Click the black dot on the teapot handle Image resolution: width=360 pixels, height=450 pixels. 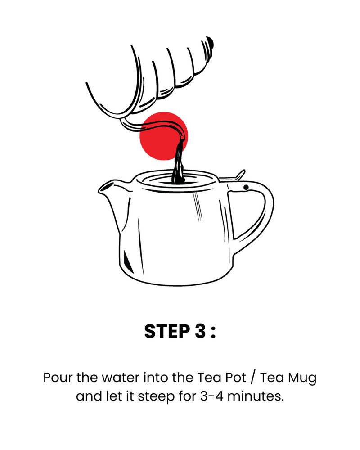tap(246, 187)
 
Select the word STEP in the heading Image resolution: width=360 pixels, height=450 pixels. tap(167, 332)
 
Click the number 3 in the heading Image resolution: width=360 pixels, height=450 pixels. tap(200, 332)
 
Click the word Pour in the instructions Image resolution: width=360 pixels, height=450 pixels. tap(58, 378)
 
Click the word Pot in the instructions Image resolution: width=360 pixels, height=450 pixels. tap(236, 378)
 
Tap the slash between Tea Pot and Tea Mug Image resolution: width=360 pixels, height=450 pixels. tap(252, 378)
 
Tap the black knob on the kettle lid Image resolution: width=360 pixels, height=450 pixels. tap(211, 42)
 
